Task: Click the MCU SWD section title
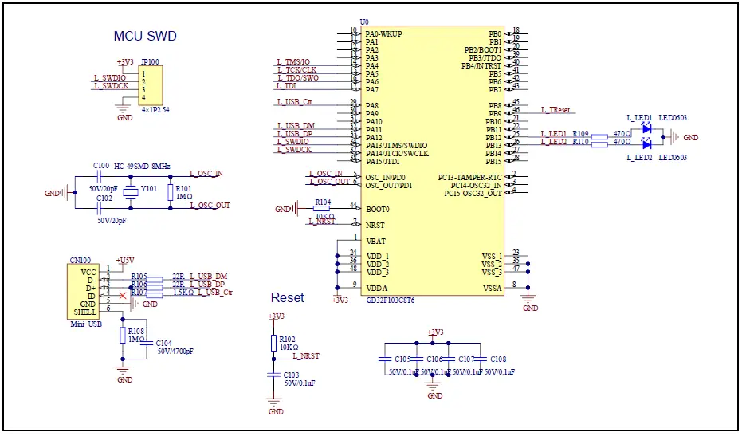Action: pos(145,37)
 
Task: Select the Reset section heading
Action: pos(287,297)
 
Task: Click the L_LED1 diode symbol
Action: pos(646,128)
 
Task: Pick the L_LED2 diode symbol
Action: pos(646,144)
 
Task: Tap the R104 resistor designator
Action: pos(322,202)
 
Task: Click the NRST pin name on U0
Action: pos(375,226)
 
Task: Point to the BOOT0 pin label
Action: pos(378,209)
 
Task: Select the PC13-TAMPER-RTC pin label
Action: pos(469,177)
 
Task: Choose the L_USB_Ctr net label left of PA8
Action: pos(294,102)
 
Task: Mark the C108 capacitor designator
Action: pos(497,359)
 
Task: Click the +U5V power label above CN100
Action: pos(125,261)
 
